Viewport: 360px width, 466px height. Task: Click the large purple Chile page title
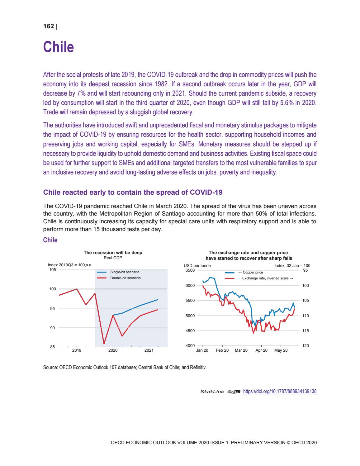59,47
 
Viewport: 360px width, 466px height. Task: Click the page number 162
48,26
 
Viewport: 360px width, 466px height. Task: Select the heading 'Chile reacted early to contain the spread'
133,192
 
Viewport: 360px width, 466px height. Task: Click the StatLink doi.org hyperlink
279,392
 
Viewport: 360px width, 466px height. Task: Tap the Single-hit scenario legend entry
125,272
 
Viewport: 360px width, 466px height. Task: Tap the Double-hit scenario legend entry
125,278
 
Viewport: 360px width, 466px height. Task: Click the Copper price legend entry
252,273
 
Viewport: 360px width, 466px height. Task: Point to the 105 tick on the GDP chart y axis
53,270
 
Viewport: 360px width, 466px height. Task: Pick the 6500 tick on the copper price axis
190,270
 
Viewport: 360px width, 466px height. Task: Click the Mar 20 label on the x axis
241,350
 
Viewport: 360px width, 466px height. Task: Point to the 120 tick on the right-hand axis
306,346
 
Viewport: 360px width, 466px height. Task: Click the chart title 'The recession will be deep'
113,253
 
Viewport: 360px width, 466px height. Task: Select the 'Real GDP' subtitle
113,258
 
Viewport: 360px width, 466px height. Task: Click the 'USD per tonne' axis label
197,266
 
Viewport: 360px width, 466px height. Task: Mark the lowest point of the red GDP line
104,344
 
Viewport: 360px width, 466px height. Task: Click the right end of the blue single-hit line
158,300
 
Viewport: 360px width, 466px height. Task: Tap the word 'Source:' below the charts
50,367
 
